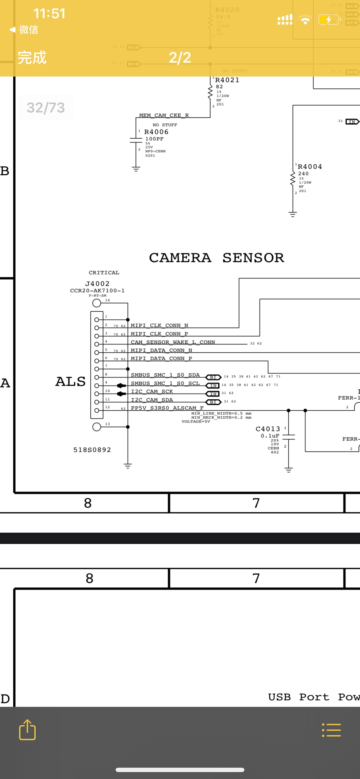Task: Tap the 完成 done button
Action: (32, 57)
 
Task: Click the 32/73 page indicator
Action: (46, 108)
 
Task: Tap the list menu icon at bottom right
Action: (331, 730)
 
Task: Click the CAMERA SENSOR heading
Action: (216, 258)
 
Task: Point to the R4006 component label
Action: (156, 132)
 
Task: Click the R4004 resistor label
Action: (310, 167)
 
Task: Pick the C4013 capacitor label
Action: (268, 429)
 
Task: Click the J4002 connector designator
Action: (97, 284)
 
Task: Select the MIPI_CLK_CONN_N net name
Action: (159, 325)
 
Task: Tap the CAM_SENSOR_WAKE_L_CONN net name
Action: (173, 342)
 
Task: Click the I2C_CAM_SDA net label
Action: (152, 400)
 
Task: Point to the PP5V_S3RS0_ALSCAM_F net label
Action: (167, 408)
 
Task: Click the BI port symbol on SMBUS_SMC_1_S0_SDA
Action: (213, 377)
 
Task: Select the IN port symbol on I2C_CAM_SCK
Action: (213, 394)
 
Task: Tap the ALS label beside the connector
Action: (70, 382)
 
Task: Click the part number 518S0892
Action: (92, 450)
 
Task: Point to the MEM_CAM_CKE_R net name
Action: (164, 115)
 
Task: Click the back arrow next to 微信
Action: (12, 30)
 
